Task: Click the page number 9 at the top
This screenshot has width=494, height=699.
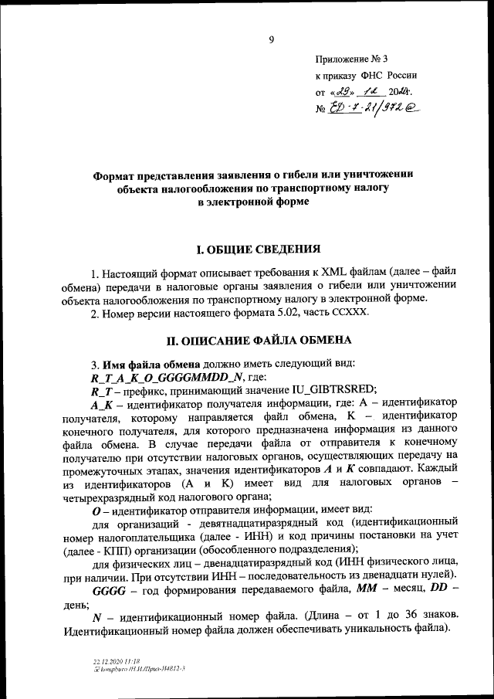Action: [x=271, y=41]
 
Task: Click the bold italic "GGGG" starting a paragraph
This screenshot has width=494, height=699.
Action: [x=108, y=589]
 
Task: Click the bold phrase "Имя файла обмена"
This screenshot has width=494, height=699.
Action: [x=152, y=363]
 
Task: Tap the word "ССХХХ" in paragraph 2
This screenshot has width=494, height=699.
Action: [x=352, y=313]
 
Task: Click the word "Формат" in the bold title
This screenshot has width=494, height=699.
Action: [x=118, y=175]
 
